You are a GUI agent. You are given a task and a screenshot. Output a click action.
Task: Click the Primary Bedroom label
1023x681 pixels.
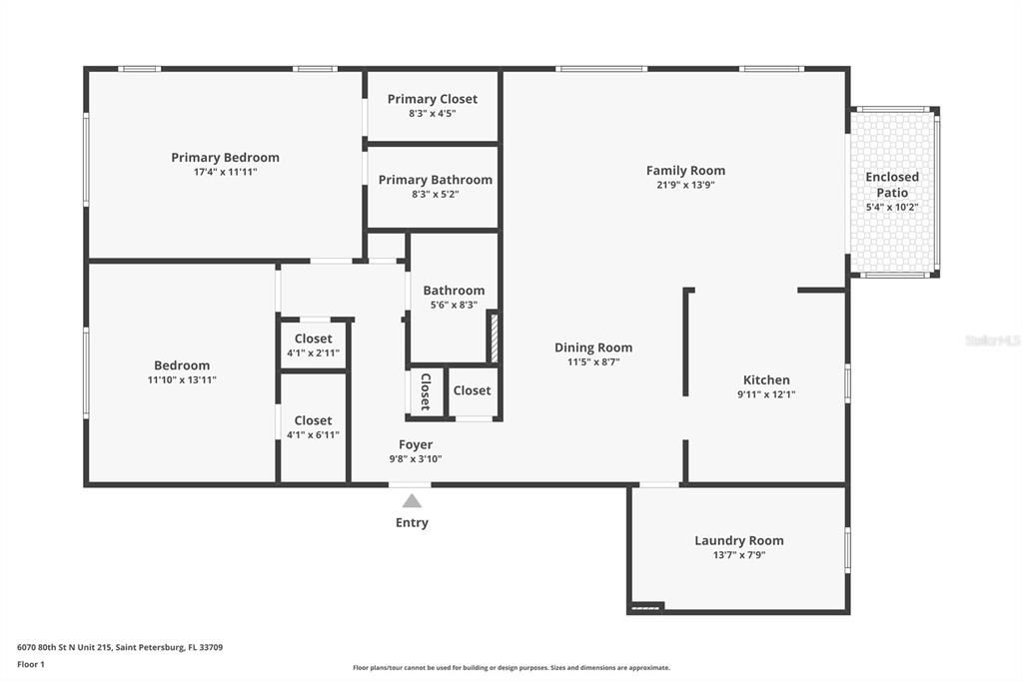(x=225, y=158)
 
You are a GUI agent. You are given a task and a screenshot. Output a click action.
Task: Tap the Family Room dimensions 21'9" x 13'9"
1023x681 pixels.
(x=685, y=185)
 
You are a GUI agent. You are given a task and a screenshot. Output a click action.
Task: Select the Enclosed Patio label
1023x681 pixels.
(x=892, y=185)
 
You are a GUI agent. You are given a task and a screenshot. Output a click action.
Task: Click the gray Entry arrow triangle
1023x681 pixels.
(x=412, y=501)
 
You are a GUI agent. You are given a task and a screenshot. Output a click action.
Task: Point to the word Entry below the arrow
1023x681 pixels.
(x=412, y=522)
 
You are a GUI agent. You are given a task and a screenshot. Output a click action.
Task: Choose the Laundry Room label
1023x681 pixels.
(x=739, y=540)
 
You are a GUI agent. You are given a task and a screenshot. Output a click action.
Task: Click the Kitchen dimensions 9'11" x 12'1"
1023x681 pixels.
(x=766, y=394)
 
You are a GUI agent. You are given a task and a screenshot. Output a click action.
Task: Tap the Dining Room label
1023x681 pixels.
(x=593, y=347)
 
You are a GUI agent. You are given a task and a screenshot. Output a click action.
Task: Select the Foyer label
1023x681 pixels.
(x=416, y=444)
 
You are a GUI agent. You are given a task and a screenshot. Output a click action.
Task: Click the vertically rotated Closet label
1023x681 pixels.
(x=425, y=391)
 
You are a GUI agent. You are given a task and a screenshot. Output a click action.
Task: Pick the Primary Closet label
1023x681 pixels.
(x=433, y=99)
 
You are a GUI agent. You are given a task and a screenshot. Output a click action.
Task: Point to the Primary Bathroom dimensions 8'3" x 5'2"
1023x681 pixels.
(x=435, y=195)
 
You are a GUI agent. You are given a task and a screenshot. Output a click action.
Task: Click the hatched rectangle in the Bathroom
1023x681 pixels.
(x=493, y=338)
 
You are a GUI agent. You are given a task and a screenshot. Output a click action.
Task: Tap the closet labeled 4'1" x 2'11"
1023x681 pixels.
(x=313, y=345)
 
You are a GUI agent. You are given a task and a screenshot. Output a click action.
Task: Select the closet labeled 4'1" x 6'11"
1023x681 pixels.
(x=313, y=427)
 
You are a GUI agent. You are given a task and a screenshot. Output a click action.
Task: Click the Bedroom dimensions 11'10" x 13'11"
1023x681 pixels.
(x=182, y=380)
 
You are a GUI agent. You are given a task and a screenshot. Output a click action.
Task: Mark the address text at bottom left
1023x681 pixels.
(x=120, y=647)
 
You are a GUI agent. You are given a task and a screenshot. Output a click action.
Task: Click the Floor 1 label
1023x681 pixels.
(x=32, y=664)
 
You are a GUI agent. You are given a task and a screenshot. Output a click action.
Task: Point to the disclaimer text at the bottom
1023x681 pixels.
(x=511, y=668)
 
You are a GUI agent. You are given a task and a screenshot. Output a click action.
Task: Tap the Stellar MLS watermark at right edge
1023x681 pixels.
(x=993, y=340)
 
